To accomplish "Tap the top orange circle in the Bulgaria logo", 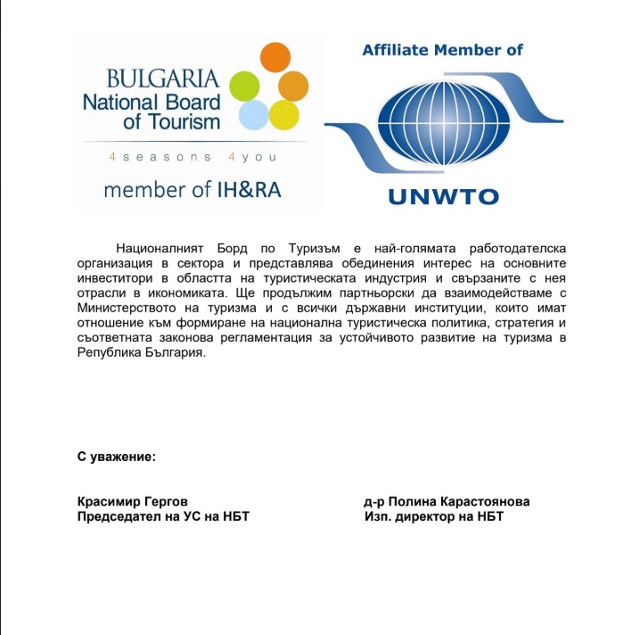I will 275,58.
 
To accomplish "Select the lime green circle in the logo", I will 244,86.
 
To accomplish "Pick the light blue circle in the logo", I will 253,114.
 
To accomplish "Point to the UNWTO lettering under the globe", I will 442,195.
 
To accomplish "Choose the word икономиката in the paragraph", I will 176,293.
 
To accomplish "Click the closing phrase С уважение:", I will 117,458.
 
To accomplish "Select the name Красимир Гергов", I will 133,502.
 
